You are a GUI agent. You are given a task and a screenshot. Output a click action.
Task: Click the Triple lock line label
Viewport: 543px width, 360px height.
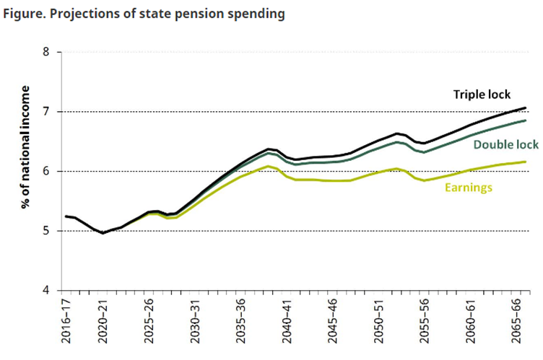pos(482,95)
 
